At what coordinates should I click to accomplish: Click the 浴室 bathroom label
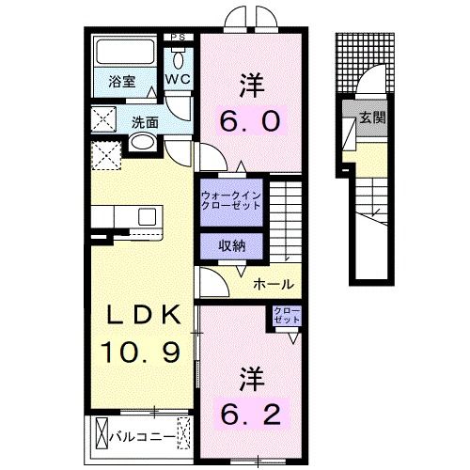(x=119, y=81)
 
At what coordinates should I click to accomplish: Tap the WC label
(x=179, y=81)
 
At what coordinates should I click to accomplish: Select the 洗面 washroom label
(x=144, y=121)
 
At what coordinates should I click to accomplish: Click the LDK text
(x=146, y=315)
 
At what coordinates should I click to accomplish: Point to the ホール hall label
(x=274, y=284)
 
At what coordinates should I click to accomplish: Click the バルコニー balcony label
(x=141, y=435)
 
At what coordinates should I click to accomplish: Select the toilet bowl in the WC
(x=179, y=55)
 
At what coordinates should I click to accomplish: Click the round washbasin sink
(x=141, y=144)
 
